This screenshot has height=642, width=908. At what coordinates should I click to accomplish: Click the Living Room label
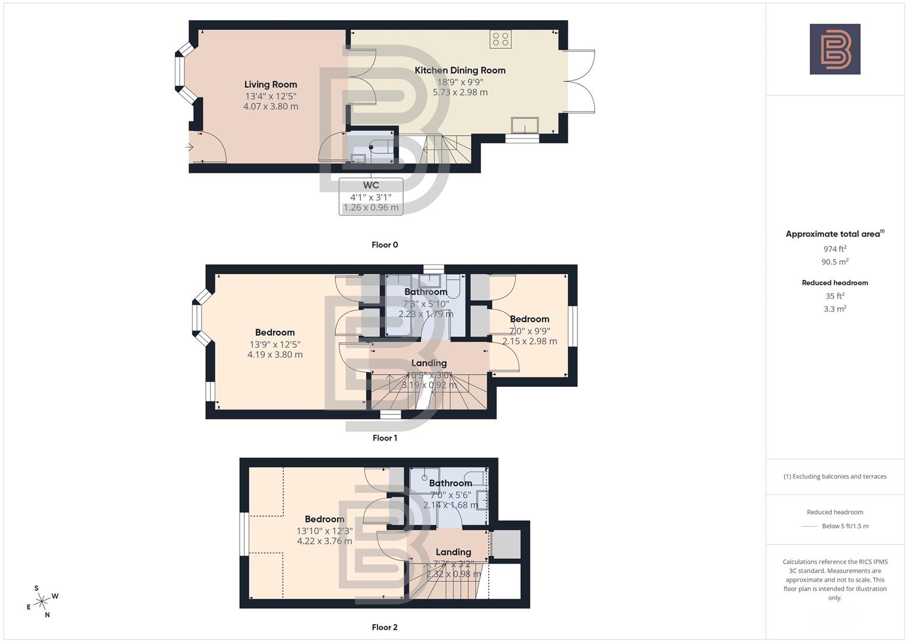click(x=271, y=84)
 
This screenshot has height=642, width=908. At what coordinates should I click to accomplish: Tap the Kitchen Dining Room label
click(x=460, y=70)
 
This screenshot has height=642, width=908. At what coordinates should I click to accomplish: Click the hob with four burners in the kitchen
click(x=501, y=39)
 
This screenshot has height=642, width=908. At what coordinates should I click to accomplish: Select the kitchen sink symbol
click(x=524, y=125)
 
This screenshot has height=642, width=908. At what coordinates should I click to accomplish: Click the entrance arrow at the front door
click(x=190, y=147)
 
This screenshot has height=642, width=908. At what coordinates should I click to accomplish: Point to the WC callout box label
click(x=370, y=185)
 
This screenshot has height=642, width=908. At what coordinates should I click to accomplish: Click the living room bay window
click(x=180, y=72)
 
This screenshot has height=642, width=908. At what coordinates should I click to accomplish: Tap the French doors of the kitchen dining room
click(x=579, y=81)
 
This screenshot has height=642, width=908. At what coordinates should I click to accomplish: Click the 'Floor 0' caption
click(x=385, y=245)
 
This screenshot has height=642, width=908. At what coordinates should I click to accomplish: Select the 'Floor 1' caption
click(x=385, y=438)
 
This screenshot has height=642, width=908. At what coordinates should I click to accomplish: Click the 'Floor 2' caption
click(x=385, y=627)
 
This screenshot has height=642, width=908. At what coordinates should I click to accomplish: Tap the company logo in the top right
click(x=835, y=49)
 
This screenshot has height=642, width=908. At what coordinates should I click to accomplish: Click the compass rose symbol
click(x=42, y=602)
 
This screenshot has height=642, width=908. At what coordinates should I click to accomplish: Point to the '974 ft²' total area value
click(x=835, y=249)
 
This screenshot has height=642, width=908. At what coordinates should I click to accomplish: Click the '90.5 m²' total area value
click(x=835, y=262)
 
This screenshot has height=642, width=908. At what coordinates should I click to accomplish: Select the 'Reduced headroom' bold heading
click(x=835, y=283)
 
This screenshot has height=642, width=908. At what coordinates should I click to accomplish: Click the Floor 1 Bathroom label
click(x=426, y=292)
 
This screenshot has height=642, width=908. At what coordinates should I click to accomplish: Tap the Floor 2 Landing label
click(x=453, y=552)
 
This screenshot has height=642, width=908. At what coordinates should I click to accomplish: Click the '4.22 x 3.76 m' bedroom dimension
click(x=325, y=542)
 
